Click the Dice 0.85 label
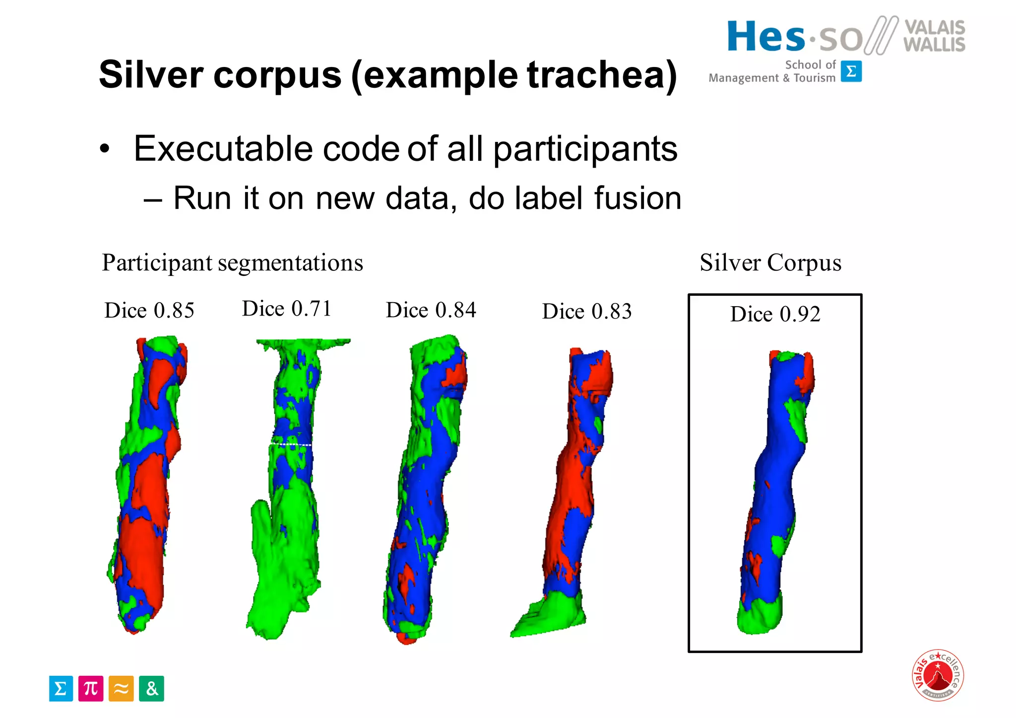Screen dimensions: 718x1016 [x=149, y=311]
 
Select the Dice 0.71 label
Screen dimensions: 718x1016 [x=286, y=309]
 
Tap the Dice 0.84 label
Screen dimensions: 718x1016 [x=431, y=310]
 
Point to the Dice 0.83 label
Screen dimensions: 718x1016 [x=586, y=312]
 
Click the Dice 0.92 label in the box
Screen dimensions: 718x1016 [x=775, y=314]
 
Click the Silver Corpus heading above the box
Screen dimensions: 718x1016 [x=770, y=262]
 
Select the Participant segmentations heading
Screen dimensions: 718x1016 [x=232, y=262]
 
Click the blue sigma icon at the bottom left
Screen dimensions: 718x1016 [x=61, y=688]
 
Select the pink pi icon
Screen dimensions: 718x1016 [x=91, y=688]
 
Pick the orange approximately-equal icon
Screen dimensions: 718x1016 [x=121, y=688]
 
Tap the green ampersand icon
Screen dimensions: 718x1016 [x=151, y=688]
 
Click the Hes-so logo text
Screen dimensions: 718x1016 [x=794, y=37]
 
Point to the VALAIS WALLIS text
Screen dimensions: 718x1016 [x=934, y=36]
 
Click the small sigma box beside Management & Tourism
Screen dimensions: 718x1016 [x=851, y=71]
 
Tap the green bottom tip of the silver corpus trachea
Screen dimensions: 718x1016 [x=759, y=618]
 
